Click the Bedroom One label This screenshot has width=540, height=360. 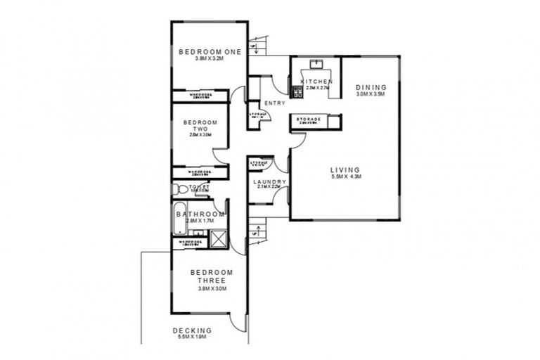tap(210, 51)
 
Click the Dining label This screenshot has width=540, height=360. tap(371, 87)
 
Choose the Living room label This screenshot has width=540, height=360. tap(345, 169)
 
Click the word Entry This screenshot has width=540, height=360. tap(275, 103)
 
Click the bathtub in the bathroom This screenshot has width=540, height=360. tap(177, 221)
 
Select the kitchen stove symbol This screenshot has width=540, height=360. tap(295, 91)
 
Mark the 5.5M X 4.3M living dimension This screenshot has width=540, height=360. tap(345, 176)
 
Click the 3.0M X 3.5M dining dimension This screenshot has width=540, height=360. tap(371, 94)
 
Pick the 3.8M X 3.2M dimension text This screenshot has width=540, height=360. tap(210, 58)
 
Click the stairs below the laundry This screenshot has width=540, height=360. tap(258, 229)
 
